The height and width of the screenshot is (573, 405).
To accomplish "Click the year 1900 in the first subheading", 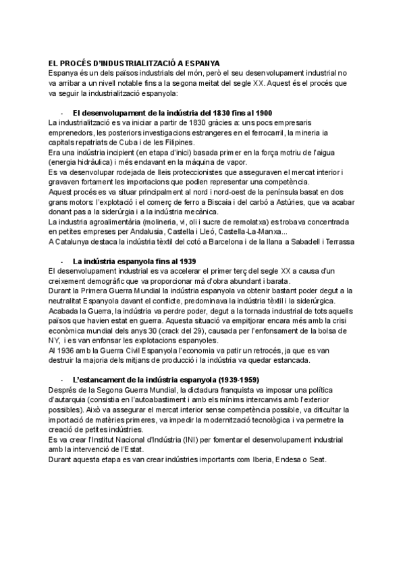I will point(262,112).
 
